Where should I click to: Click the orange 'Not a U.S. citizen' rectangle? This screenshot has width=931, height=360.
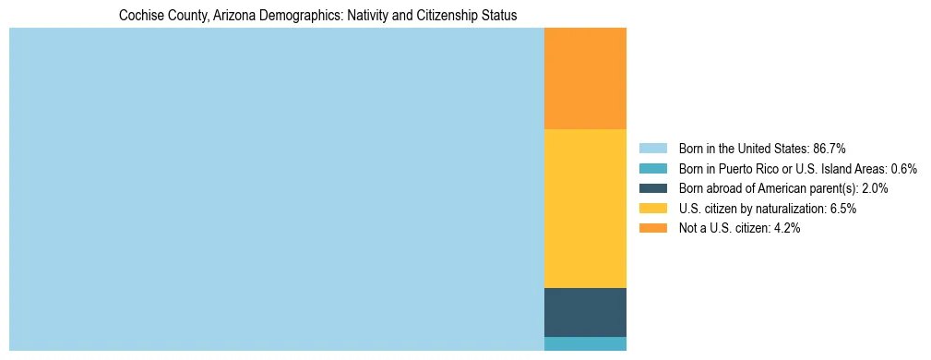pos(585,78)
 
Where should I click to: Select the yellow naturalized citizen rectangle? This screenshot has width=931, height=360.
pos(585,209)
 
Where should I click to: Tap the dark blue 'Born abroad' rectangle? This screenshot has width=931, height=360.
pos(585,312)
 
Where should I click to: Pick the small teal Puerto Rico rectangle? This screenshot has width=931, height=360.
pos(585,343)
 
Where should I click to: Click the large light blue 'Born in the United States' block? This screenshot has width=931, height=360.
pos(277,189)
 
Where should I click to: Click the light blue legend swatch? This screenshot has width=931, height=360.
pos(652,149)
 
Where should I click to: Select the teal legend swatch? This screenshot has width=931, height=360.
pos(652,169)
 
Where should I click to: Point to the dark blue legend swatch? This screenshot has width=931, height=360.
pos(652,188)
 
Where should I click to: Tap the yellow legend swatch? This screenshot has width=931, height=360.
pos(652,209)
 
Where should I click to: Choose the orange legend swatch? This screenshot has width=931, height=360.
pos(652,228)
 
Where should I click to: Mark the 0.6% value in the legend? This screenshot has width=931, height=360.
pos(903,169)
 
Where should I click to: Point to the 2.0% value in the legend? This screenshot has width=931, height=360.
pos(874,188)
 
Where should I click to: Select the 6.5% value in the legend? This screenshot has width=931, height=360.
pos(842,209)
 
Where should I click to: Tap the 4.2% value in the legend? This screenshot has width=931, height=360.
pos(786,228)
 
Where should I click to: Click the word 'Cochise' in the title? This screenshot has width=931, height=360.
pos(141,16)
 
